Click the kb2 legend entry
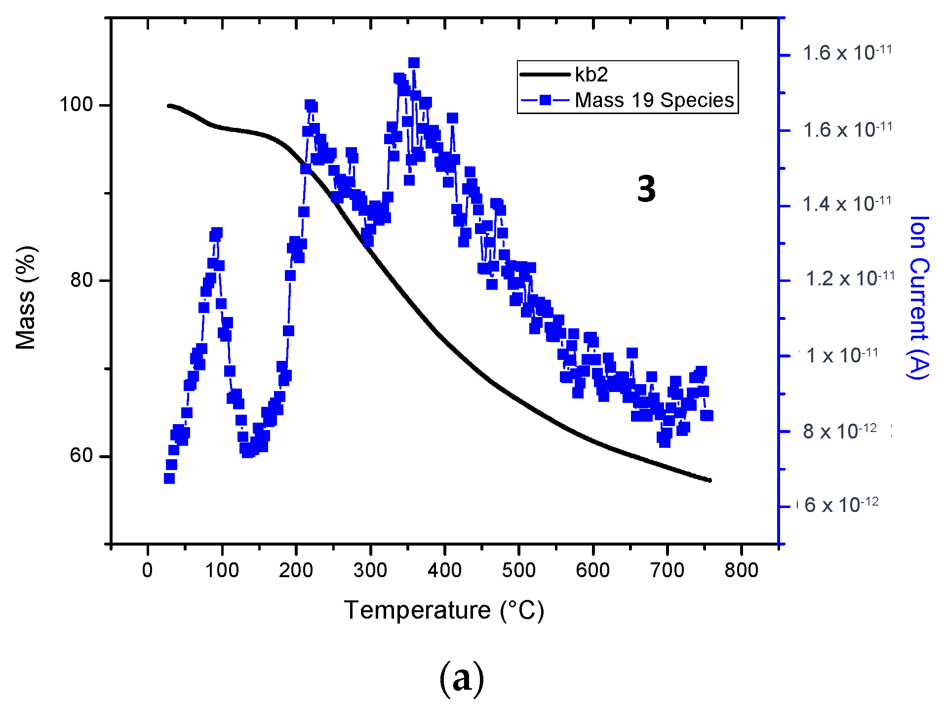click(591, 75)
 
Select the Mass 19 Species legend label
click(654, 100)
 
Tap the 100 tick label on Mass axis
click(76, 105)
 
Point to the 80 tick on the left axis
click(81, 280)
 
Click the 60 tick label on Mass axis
click(81, 455)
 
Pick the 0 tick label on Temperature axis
click(147, 570)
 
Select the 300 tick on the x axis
click(370, 570)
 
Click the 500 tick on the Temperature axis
click(518, 570)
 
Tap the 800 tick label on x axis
click(741, 570)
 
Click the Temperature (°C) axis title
click(444, 610)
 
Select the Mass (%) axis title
click(26, 297)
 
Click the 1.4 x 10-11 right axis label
click(847, 204)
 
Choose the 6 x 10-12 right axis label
click(841, 505)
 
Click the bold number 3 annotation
click(646, 189)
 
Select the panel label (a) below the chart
click(461, 679)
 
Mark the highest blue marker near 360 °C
click(414, 63)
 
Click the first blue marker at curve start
click(169, 478)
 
